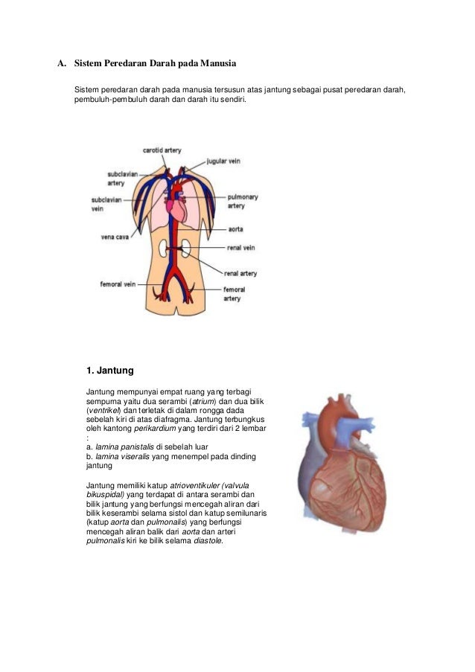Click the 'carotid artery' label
pyautogui.click(x=162, y=150)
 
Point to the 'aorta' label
pyautogui.click(x=236, y=230)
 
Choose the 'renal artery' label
pyautogui.click(x=240, y=274)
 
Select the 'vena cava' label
pyautogui.click(x=115, y=237)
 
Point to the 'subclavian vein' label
pyautogui.click(x=107, y=205)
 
